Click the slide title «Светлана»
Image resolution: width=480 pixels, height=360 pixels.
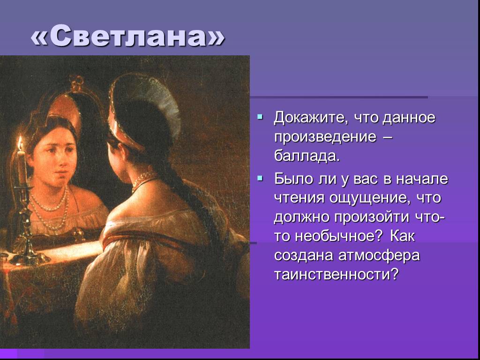coord(128,36)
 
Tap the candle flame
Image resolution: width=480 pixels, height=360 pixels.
coord(21,143)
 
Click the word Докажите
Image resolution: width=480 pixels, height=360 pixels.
coord(311,118)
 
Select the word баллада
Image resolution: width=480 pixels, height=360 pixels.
coord(307,156)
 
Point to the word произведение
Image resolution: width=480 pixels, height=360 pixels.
coord(325,137)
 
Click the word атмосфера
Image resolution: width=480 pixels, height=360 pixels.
coord(379,255)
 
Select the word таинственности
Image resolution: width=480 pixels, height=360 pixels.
coord(337,274)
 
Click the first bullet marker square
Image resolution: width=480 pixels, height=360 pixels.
coord(260,116)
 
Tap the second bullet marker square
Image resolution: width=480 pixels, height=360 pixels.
coord(260,178)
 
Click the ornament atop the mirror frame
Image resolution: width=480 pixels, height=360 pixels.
coord(76,83)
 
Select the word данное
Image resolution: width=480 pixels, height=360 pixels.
coord(409,118)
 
